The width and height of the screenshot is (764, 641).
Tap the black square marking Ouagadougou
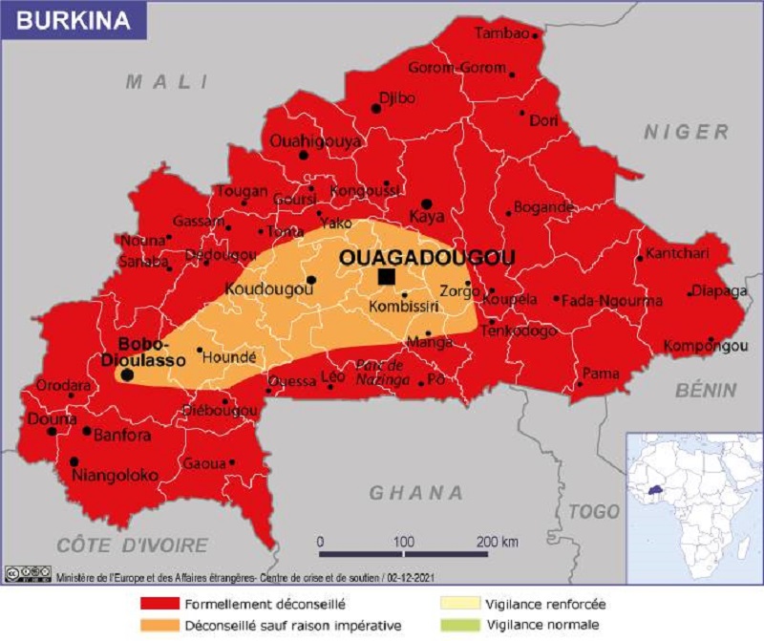(387, 276)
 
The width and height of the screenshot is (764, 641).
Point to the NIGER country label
(685, 132)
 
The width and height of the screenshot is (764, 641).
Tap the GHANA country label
(416, 493)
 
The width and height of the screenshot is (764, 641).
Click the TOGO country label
(594, 513)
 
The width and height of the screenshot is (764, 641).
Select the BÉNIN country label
(706, 390)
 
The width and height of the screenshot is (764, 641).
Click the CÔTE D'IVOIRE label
(132, 545)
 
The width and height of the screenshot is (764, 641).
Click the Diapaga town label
(718, 291)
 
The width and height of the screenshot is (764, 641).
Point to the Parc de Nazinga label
(380, 373)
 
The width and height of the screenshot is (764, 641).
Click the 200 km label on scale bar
(497, 542)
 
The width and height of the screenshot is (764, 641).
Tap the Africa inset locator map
(693, 506)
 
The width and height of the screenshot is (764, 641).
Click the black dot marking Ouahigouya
(304, 155)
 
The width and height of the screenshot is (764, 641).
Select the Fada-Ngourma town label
(611, 300)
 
